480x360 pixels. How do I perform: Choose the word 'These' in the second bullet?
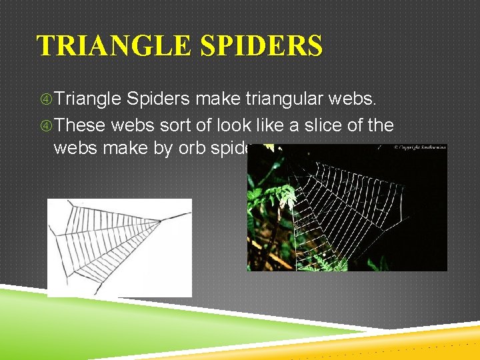click(x=80, y=125)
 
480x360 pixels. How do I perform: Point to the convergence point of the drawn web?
click(x=160, y=219)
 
